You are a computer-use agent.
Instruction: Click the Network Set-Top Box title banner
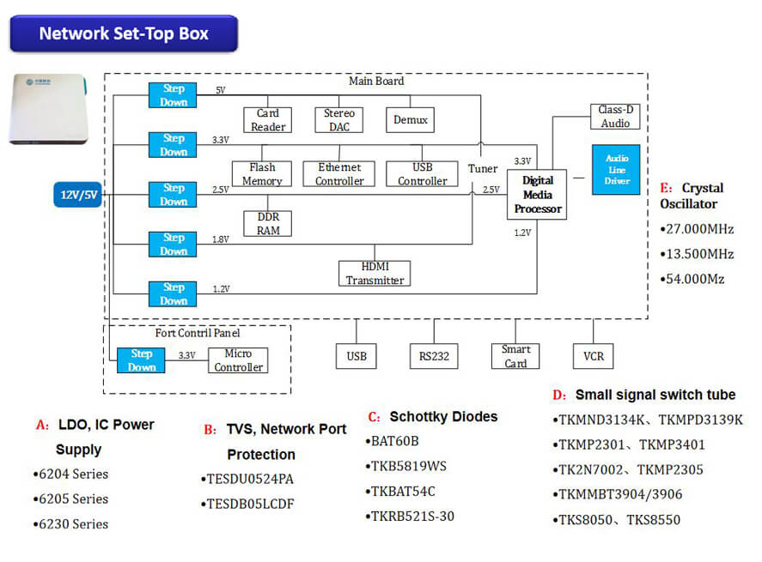124,33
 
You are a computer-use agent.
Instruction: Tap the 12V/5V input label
78,195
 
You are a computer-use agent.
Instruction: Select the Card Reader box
266,119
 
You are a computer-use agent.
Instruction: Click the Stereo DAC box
339,119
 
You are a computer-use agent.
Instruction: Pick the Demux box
410,119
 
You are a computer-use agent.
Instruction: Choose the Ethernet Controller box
339,174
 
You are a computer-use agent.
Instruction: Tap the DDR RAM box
268,224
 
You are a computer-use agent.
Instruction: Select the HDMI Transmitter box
375,274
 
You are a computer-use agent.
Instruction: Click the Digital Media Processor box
537,195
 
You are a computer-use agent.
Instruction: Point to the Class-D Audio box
615,117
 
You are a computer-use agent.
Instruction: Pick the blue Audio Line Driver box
616,170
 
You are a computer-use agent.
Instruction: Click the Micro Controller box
238,360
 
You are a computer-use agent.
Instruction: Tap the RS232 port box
434,356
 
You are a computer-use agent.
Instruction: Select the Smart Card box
515,356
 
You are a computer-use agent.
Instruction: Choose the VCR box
593,356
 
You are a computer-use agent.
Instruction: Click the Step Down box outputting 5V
174,95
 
